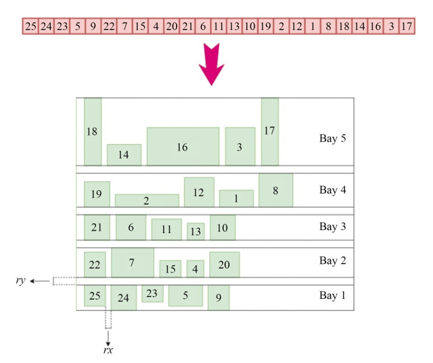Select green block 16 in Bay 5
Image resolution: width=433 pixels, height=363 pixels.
click(183, 146)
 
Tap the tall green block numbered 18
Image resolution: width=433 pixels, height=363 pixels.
click(93, 131)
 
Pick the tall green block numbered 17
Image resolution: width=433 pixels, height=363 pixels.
click(270, 131)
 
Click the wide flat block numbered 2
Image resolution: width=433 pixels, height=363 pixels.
click(147, 200)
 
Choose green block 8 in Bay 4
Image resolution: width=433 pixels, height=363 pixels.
click(276, 190)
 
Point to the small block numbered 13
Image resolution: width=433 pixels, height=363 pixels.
click(196, 231)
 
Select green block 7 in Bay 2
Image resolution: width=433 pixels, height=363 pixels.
click(132, 262)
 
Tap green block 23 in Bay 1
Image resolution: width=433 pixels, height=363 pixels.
click(152, 294)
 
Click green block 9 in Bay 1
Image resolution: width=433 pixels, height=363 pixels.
click(219, 298)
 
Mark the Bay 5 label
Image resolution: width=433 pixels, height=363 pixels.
click(332, 139)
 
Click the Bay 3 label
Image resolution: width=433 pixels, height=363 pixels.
click(332, 227)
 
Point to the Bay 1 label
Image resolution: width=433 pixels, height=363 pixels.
click(332, 295)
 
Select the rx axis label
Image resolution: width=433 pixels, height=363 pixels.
click(108, 351)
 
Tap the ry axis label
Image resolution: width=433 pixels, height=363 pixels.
click(21, 281)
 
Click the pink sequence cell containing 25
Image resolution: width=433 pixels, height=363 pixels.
click(31, 26)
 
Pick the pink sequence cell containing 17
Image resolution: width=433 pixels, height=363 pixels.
click(407, 26)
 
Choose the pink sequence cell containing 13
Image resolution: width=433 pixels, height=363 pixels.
click(234, 26)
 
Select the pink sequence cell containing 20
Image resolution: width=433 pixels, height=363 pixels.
click(171, 26)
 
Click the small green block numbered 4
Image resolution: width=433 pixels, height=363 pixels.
click(195, 269)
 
